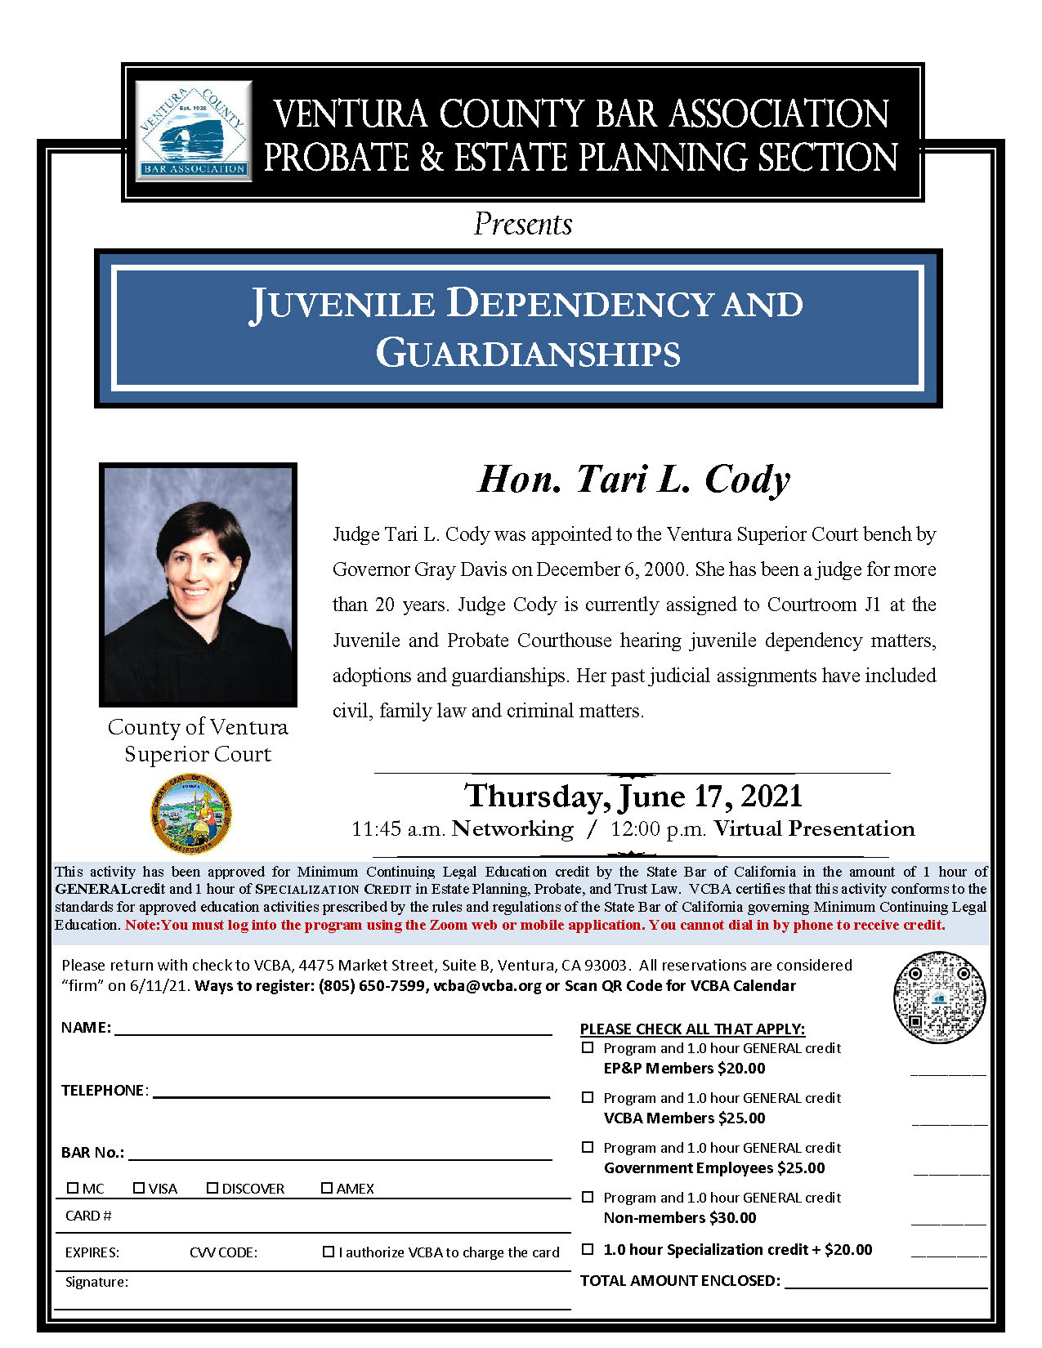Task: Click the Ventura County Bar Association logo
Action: tap(194, 131)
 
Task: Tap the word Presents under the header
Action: tap(523, 225)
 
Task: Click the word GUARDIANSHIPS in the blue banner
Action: tap(528, 354)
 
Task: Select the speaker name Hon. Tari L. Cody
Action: tap(634, 480)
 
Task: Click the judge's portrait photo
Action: tap(198, 584)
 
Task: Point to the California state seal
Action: tap(192, 815)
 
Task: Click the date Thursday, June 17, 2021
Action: tap(633, 796)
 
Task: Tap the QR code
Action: tap(939, 998)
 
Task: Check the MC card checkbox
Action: tap(73, 1188)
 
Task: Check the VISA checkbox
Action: tap(139, 1188)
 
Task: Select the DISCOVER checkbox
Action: tap(212, 1188)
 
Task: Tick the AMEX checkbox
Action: tap(327, 1188)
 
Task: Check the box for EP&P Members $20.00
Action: tap(588, 1047)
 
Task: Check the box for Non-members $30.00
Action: tap(588, 1197)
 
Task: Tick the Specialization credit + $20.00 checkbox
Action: tap(588, 1249)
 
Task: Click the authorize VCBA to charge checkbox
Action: tap(329, 1252)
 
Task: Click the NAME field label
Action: tap(86, 1028)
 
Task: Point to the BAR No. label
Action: tap(92, 1153)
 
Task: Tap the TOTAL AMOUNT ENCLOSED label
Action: tap(680, 1281)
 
